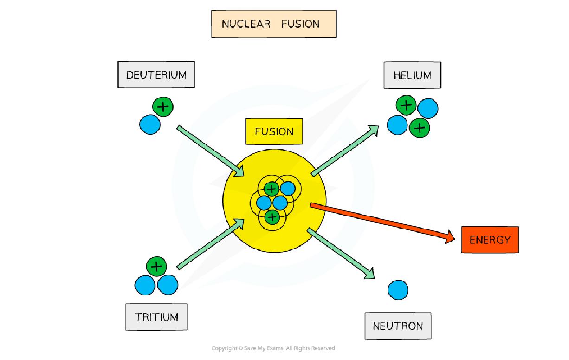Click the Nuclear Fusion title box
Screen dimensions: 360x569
coord(273,24)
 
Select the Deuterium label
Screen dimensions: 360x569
coord(156,75)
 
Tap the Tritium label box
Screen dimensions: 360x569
coord(156,317)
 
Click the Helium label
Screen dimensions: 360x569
coord(412,75)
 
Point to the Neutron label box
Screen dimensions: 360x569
coord(398,326)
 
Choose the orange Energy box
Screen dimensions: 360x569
coord(490,240)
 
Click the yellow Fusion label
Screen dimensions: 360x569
coord(274,131)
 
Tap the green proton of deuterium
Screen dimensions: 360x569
coord(162,107)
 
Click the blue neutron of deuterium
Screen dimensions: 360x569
coord(150,124)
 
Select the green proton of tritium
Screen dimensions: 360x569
coord(156,267)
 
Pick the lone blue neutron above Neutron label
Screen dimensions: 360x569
coord(398,290)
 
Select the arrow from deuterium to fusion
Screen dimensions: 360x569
coord(211,151)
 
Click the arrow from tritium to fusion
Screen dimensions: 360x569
coord(211,244)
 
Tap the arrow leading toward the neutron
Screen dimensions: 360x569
coord(341,254)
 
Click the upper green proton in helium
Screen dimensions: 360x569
coord(406,105)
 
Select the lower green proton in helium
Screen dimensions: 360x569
coord(420,128)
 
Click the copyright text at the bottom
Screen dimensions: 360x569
coord(273,348)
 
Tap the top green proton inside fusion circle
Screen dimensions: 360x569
coord(272,189)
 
